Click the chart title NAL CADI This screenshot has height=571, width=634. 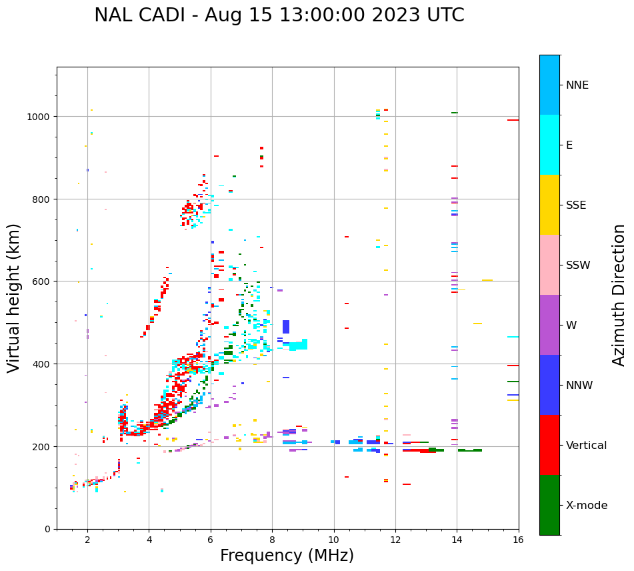coord(279,15)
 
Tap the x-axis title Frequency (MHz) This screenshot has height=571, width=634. coord(287,556)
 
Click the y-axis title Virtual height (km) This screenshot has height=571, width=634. coord(14,298)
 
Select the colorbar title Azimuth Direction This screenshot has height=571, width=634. coord(619,295)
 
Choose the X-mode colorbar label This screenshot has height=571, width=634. coord(587,506)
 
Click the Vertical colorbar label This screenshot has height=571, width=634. coord(587,446)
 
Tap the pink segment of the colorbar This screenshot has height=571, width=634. coord(549,265)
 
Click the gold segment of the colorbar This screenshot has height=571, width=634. coord(549,205)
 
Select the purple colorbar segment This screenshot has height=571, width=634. coord(549,325)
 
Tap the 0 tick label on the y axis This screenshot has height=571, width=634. coord(48,529)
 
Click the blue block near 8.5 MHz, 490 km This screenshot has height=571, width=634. coord(286,327)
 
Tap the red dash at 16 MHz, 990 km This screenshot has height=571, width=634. coord(513,120)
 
